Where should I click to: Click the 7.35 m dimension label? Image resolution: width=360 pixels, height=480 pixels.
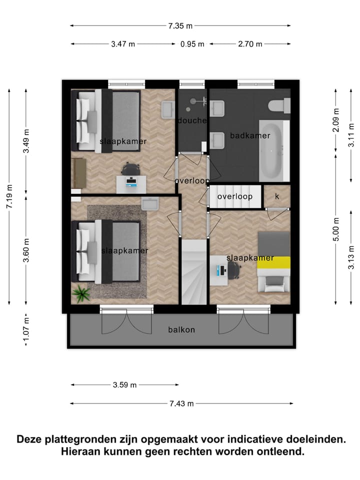pyautogui.click(x=180, y=25)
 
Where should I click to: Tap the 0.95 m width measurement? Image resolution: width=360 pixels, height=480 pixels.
pyautogui.click(x=192, y=44)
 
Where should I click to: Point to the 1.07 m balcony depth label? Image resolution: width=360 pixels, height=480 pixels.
pyautogui.click(x=26, y=330)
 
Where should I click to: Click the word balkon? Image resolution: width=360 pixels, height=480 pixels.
pyautogui.click(x=181, y=329)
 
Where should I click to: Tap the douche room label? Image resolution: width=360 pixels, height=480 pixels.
pyautogui.click(x=192, y=120)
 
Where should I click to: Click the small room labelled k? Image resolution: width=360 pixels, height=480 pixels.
pyautogui.click(x=276, y=196)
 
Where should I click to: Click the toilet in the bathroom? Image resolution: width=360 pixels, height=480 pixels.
pyautogui.click(x=279, y=106)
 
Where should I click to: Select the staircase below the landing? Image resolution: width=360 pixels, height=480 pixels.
pyautogui.click(x=193, y=272)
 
